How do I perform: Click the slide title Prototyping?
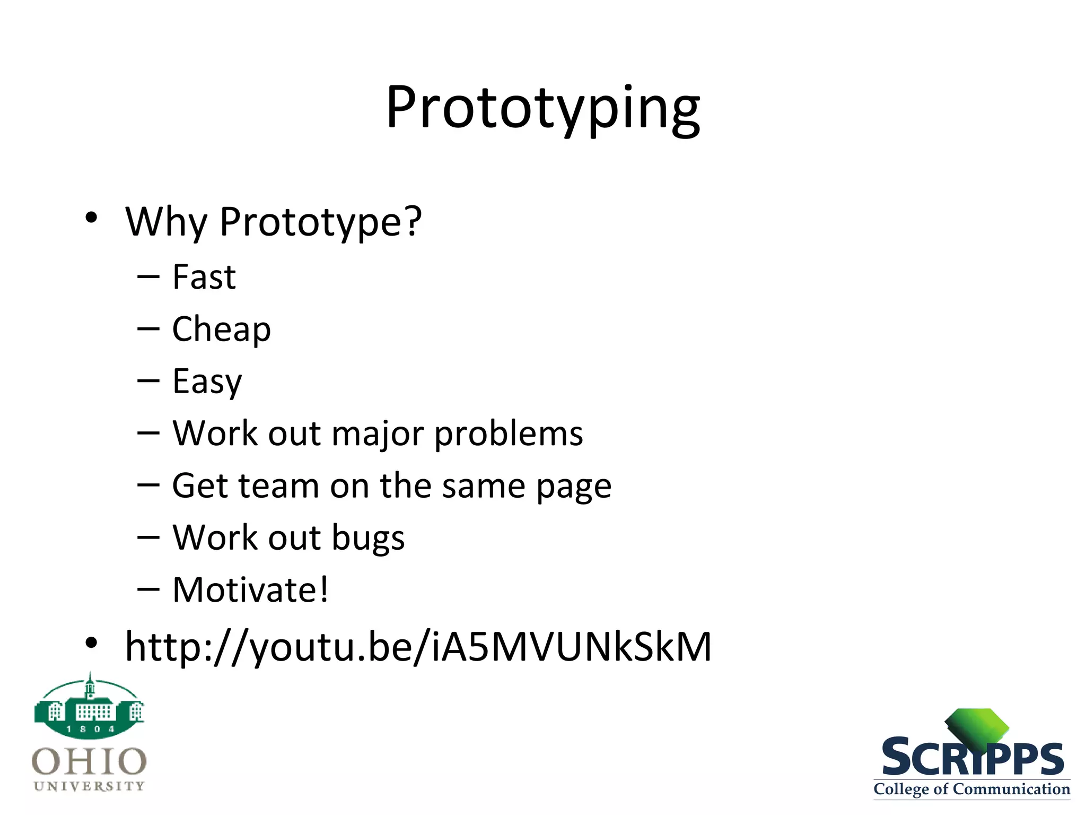coord(543,109)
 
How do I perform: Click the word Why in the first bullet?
coord(166,222)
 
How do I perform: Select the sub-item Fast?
coord(204,277)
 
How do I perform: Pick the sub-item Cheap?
coord(221,330)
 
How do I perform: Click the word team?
coord(278,485)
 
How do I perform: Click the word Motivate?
coord(250,589)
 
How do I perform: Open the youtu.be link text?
coord(418,647)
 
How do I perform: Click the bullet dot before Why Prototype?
coord(91,218)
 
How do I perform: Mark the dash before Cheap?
coord(148,329)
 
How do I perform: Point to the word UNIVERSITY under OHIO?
coord(89,786)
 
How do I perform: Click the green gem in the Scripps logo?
coord(977,727)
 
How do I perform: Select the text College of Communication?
coord(971,789)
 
